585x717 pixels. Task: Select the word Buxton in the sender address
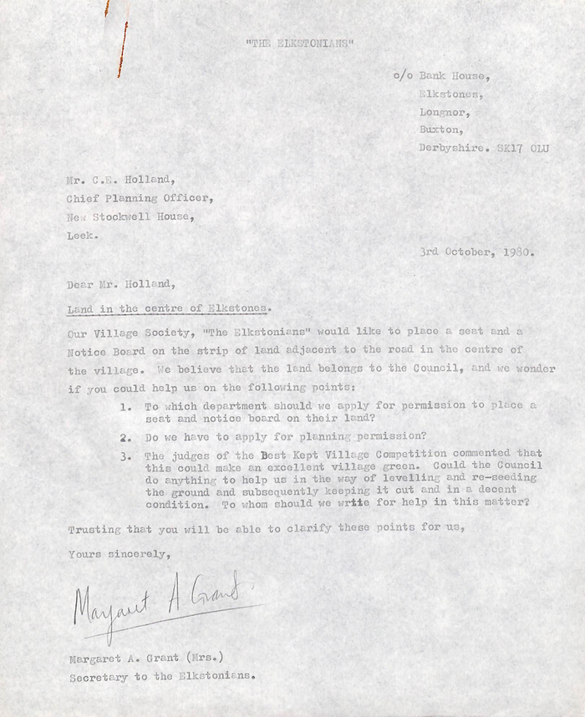click(439, 130)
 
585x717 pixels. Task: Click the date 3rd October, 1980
click(478, 251)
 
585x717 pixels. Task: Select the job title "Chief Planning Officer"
click(140, 198)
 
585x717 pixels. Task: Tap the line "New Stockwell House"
click(131, 216)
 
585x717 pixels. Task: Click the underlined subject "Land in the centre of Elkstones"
click(169, 308)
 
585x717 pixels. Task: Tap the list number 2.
click(125, 436)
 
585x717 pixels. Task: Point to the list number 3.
click(125, 456)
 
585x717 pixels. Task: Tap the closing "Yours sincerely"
click(119, 554)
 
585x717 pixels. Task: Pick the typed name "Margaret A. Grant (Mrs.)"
click(146, 659)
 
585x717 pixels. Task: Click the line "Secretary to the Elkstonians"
click(159, 677)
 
